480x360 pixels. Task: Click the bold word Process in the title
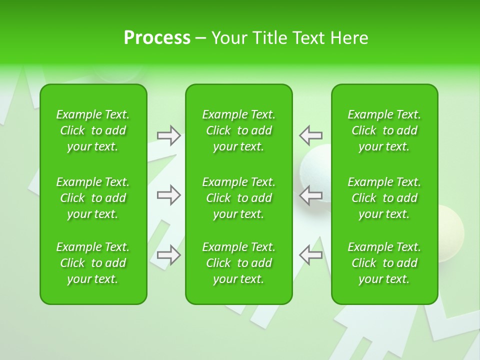pos(157,38)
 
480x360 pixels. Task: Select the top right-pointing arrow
pos(169,135)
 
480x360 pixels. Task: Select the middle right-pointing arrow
pos(169,195)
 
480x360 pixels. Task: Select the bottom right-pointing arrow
pos(169,255)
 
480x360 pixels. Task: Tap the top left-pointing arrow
pos(310,135)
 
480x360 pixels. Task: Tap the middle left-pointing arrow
pos(310,195)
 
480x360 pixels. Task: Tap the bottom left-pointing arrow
pos(310,255)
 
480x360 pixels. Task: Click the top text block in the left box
pos(93,130)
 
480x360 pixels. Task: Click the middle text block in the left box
pos(93,198)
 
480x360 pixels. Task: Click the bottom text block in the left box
pos(93,263)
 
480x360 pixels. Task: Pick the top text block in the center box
pos(239,130)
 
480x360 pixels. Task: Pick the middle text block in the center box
pos(239,198)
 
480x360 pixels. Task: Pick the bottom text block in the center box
pos(239,263)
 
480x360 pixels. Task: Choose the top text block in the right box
pos(384,130)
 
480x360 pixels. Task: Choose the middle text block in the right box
pos(384,198)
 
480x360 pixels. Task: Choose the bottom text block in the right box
pos(384,263)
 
